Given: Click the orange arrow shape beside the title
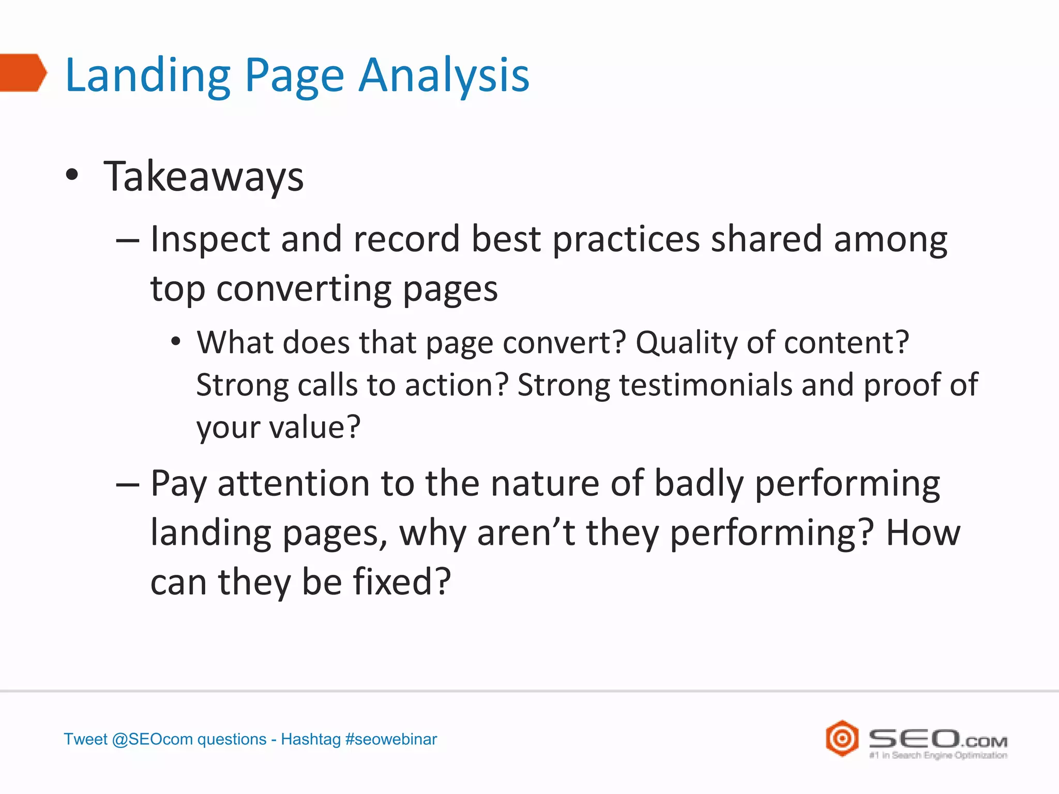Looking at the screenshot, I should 22,72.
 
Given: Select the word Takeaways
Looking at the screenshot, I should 204,177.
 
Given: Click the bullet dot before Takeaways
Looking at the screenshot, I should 72,175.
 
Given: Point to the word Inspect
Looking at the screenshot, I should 210,240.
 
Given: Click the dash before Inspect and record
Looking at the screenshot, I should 128,241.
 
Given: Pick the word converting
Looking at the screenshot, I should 304,289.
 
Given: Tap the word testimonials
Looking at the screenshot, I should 706,386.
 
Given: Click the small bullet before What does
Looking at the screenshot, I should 176,342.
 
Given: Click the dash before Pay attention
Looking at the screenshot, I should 128,485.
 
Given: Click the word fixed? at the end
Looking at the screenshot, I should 402,582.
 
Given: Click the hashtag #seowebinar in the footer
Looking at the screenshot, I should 391,739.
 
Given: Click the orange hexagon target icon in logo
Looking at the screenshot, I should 842,738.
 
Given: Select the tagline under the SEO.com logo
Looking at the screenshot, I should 938,755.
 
